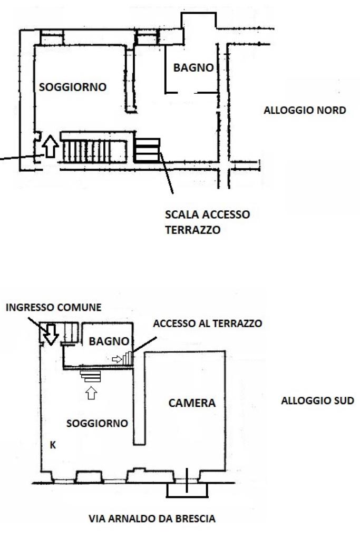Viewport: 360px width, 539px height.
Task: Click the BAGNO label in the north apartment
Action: (x=193, y=68)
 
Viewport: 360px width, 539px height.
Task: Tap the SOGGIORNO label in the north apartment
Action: (x=73, y=87)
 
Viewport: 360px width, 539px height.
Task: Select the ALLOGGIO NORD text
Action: (x=305, y=111)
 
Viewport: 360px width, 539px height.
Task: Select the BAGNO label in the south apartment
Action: (x=109, y=341)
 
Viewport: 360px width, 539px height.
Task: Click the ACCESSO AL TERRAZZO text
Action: (x=207, y=324)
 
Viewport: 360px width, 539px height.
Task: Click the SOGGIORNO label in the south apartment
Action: (x=97, y=423)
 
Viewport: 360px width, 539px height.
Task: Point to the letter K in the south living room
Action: (x=53, y=445)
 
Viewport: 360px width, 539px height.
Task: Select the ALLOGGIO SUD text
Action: (x=317, y=401)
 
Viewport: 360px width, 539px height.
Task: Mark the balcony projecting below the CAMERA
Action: (x=187, y=490)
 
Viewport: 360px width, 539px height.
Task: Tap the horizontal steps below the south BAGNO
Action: (x=91, y=376)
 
